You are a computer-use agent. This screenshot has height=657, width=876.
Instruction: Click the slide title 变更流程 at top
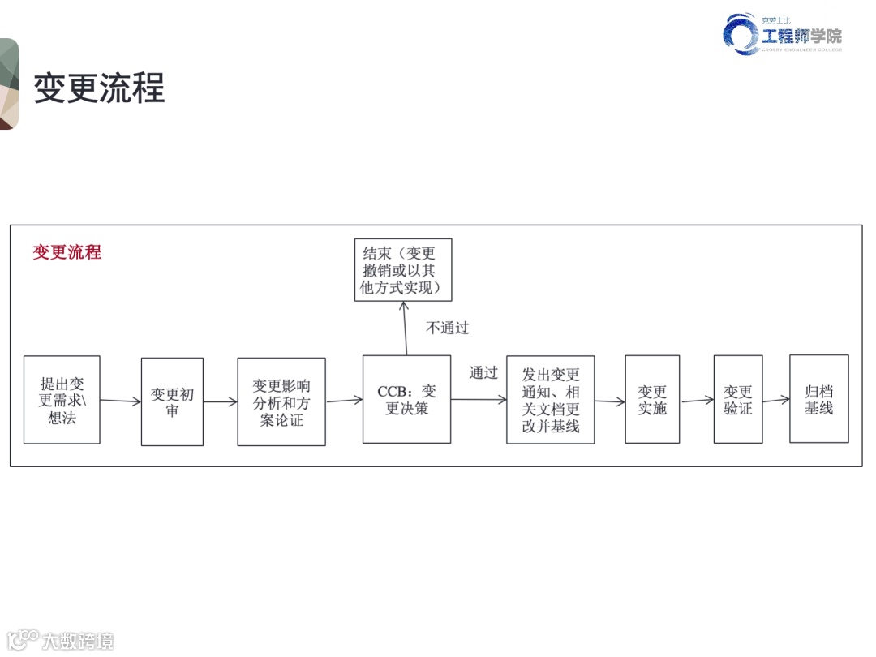pos(99,88)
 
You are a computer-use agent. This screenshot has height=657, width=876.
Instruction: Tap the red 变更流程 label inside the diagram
pos(67,252)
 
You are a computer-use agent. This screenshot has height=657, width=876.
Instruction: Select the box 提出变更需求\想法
pos(62,400)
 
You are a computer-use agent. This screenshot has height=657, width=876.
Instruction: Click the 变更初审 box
pos(172,401)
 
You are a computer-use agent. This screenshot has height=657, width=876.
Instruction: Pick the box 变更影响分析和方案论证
pos(281,402)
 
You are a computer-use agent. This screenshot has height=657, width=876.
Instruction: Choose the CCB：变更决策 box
pos(406,399)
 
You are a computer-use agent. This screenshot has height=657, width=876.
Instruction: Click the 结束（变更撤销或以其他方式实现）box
pos(403,270)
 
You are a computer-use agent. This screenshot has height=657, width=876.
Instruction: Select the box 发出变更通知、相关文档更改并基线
pos(551,400)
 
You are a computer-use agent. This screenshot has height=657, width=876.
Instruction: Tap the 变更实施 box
pos(652,400)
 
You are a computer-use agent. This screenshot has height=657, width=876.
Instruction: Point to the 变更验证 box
pos(738,400)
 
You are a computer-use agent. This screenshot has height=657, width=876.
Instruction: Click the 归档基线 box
pos(819,398)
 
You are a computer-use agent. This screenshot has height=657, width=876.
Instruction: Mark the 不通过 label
pos(448,328)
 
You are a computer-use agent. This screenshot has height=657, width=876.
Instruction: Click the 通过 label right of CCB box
pos(483,373)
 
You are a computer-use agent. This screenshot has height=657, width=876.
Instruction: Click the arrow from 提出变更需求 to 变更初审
pos(120,401)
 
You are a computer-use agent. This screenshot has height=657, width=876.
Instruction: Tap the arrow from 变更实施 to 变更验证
pos(697,400)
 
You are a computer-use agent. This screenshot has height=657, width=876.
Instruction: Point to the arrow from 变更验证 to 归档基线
pos(776,399)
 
